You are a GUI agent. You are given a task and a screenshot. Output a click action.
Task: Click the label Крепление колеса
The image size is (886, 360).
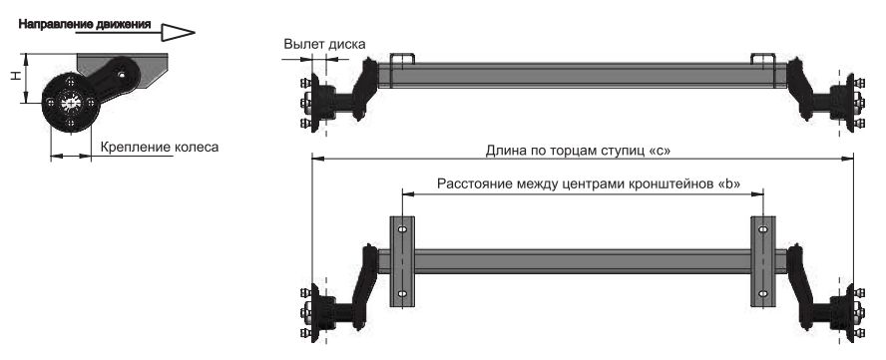[x=159, y=148]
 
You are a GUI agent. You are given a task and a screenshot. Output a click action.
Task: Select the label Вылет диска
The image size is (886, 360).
[x=324, y=44]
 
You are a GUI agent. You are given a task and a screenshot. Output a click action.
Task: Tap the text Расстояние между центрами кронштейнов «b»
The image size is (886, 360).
[x=582, y=184]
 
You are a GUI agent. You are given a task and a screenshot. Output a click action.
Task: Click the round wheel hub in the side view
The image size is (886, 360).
[x=69, y=104]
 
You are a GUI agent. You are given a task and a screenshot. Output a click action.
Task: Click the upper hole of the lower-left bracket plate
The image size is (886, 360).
[x=401, y=230]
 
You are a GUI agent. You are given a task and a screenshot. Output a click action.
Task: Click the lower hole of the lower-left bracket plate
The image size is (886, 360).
[x=401, y=295]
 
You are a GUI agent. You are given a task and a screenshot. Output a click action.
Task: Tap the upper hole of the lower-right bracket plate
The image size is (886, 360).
[x=762, y=230]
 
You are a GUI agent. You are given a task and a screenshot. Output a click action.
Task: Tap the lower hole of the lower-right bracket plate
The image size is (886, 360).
[x=762, y=295]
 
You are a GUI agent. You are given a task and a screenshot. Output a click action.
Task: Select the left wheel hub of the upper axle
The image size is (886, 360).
[x=321, y=100]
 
